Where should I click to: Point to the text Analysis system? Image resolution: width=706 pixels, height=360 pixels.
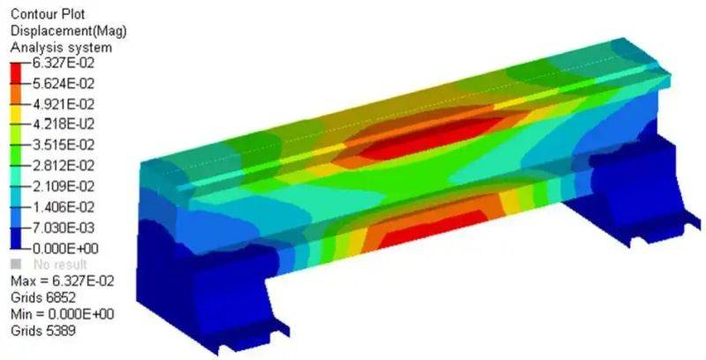click(49, 47)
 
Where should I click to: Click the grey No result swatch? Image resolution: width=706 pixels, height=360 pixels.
click(14, 264)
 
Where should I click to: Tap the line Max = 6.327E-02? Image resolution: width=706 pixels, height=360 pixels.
click(56, 281)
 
